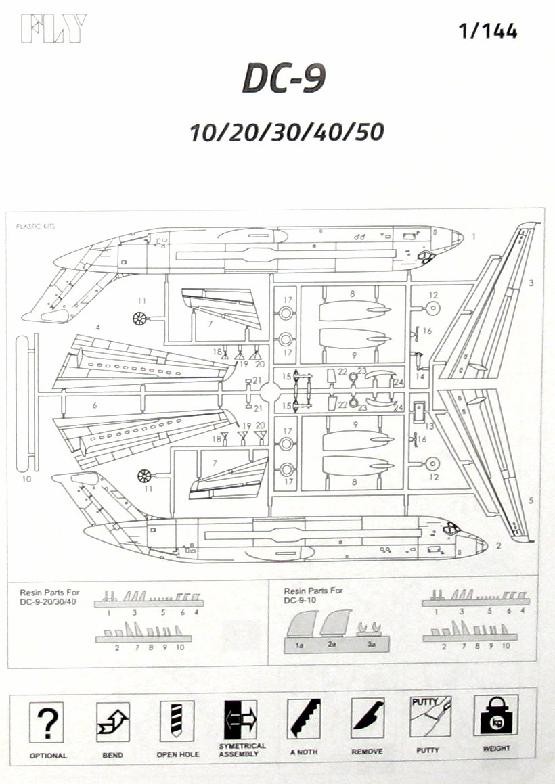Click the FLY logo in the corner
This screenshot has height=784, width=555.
pyautogui.click(x=53, y=28)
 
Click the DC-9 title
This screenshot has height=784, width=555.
pyautogui.click(x=284, y=80)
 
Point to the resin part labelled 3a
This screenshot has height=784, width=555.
pyautogui.click(x=370, y=629)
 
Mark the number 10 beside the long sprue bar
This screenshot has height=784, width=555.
pyautogui.click(x=26, y=480)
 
